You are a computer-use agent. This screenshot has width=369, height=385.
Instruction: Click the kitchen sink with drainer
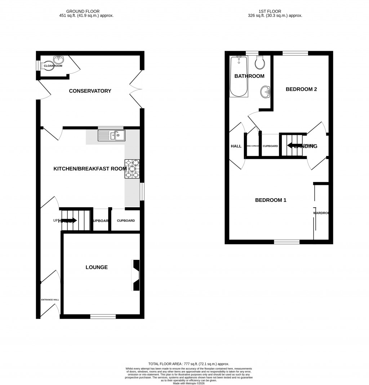(111, 136)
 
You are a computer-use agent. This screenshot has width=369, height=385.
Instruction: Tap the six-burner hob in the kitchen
(132, 169)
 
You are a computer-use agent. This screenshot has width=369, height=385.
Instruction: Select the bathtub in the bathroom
(239, 76)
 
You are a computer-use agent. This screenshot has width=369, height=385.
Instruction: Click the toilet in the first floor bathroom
(259, 63)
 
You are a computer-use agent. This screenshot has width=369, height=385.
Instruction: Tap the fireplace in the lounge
(136, 275)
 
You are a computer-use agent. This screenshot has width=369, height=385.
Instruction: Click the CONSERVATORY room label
(90, 91)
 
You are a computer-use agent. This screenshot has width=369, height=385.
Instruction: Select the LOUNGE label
(97, 267)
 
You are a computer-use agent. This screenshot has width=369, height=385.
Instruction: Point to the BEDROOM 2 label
(301, 89)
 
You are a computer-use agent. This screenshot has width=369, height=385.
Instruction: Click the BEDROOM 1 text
(271, 200)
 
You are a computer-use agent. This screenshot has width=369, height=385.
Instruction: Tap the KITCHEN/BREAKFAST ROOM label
(90, 169)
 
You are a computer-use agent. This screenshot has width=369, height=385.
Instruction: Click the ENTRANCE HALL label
(50, 300)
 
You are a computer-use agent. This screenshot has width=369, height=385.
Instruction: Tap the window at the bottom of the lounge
(103, 317)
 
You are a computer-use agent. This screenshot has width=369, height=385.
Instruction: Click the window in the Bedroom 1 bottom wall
(287, 242)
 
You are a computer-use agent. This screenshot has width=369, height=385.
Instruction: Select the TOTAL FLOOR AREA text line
(189, 364)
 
